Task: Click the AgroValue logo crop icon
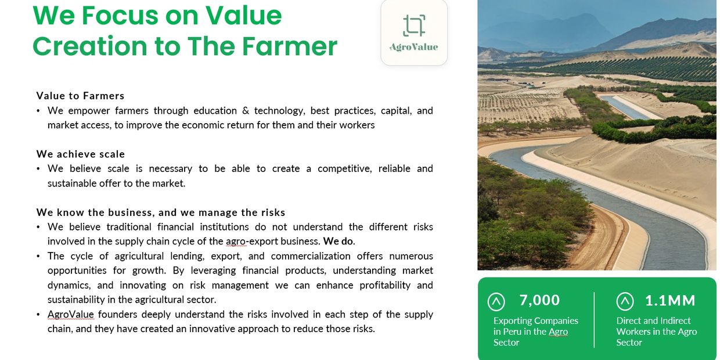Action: coord(414,26)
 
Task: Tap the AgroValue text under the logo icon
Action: coord(414,47)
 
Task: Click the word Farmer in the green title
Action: coord(290,46)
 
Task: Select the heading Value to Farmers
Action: coord(80,96)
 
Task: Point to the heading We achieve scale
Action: coord(80,154)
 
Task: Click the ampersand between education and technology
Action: coord(246,110)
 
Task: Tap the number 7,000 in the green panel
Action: coord(539,300)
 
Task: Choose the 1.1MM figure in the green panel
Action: coord(670,301)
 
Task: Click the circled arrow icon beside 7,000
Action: coord(496,301)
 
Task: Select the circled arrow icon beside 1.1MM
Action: coord(625,301)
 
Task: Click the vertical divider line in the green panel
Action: coord(595,319)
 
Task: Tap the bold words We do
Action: coord(338,241)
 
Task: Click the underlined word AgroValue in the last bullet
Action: coord(71,314)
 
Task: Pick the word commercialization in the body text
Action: coord(311,256)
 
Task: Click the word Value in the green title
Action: coord(244,16)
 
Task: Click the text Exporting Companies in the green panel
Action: coord(536,321)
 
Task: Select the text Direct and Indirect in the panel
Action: coord(653,321)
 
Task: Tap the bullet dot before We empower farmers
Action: coord(38,111)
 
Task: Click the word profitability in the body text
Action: coord(385,286)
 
